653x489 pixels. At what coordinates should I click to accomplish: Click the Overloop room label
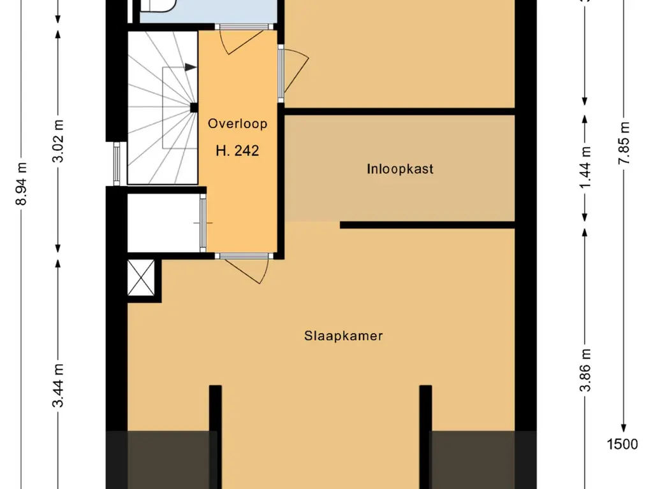point(237,124)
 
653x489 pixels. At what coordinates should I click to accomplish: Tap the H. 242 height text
point(237,150)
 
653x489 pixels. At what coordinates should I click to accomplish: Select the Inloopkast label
point(400,169)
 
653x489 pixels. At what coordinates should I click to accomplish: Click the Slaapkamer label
point(343,336)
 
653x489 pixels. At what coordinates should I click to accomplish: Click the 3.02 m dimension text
point(58,141)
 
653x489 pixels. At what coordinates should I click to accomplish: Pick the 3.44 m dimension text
point(58,385)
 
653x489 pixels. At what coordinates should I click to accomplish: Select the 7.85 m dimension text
point(624,143)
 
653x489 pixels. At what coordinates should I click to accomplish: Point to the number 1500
point(622,444)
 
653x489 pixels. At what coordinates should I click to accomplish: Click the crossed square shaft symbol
point(141,278)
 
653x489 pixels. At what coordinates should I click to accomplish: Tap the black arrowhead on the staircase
point(191,67)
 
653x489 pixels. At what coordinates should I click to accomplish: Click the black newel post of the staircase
point(194,108)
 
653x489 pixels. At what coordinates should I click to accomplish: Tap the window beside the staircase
point(117,164)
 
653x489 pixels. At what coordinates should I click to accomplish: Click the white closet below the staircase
point(164,223)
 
